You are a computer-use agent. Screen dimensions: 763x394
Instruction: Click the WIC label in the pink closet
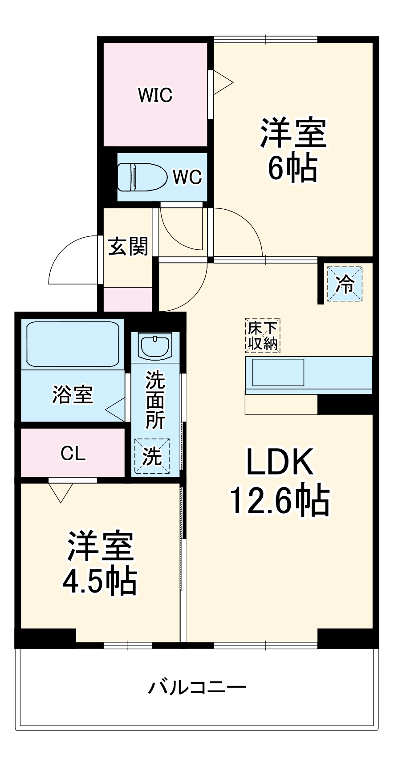[155, 95]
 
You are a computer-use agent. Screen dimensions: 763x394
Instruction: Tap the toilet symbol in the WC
[141, 177]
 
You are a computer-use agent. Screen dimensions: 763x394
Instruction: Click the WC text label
[187, 177]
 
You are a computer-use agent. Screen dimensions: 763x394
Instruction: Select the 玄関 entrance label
[128, 246]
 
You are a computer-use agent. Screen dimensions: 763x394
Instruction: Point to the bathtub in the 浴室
[73, 344]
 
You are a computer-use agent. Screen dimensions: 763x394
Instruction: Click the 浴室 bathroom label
[73, 394]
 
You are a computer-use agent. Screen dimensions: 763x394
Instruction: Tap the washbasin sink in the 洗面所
[155, 345]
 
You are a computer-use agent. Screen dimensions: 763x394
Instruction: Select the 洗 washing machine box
[152, 456]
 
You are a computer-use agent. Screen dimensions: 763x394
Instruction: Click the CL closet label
[73, 453]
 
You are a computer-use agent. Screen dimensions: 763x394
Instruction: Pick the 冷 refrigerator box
[345, 284]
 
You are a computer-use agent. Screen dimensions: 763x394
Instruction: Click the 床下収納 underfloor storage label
[263, 336]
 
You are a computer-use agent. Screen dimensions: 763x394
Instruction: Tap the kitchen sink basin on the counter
[278, 373]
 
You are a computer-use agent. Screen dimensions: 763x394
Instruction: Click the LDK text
[280, 462]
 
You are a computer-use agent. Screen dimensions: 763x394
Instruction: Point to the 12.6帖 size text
[280, 500]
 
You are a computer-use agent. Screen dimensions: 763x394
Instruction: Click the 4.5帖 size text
[100, 580]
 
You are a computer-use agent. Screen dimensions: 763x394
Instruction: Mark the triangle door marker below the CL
[61, 491]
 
